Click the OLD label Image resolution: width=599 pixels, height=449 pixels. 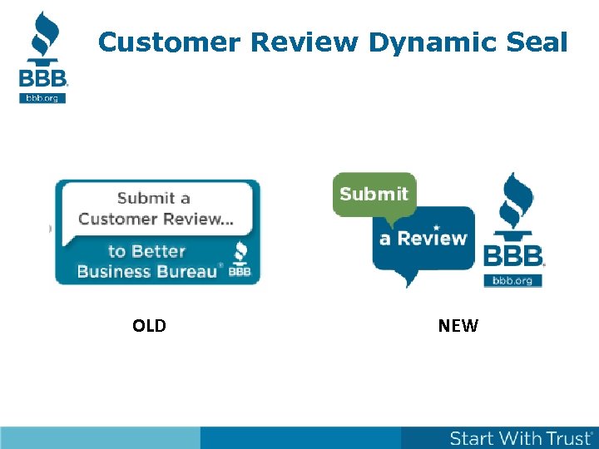(149, 326)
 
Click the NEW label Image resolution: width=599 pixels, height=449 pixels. (458, 326)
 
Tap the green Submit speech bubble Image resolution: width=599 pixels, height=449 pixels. (374, 195)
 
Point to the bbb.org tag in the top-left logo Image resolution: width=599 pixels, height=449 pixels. (42, 97)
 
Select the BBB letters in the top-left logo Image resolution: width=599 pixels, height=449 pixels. (43, 78)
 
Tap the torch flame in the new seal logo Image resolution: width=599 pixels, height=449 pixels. (514, 200)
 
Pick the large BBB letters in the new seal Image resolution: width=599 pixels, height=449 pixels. (513, 255)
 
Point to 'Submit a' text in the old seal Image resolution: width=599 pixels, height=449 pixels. (154, 198)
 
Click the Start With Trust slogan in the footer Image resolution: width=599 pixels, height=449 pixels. (522, 438)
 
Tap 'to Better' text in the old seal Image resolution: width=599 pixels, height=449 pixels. (146, 251)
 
